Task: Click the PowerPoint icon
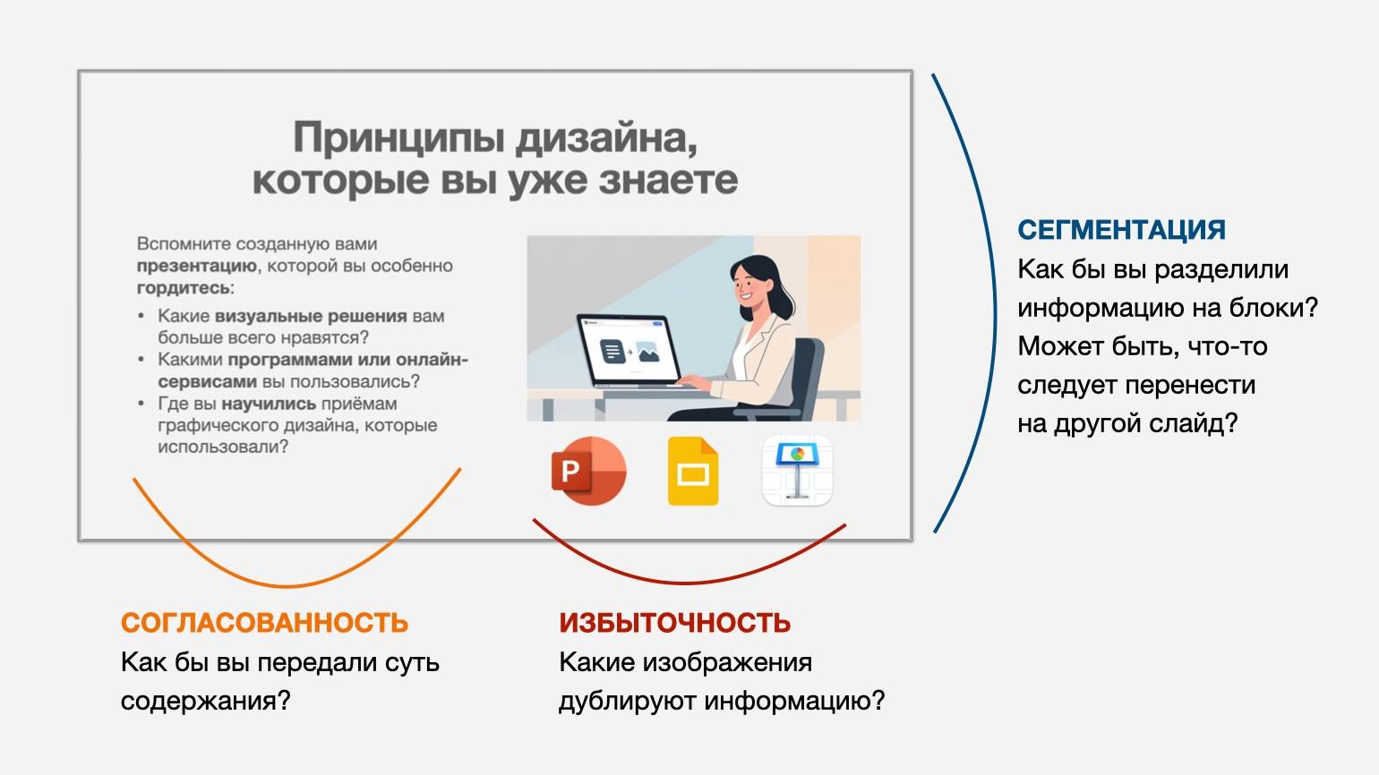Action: tap(588, 471)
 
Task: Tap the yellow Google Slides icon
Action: tap(693, 471)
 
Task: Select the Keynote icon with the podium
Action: tap(797, 471)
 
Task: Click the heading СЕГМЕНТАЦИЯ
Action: tap(1121, 230)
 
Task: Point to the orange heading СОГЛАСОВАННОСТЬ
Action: tap(265, 623)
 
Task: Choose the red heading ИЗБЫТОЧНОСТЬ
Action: tap(675, 623)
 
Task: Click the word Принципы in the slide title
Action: tap(399, 138)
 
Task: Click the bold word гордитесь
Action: tap(184, 288)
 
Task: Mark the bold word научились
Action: tap(269, 405)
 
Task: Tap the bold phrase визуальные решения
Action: tap(311, 316)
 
